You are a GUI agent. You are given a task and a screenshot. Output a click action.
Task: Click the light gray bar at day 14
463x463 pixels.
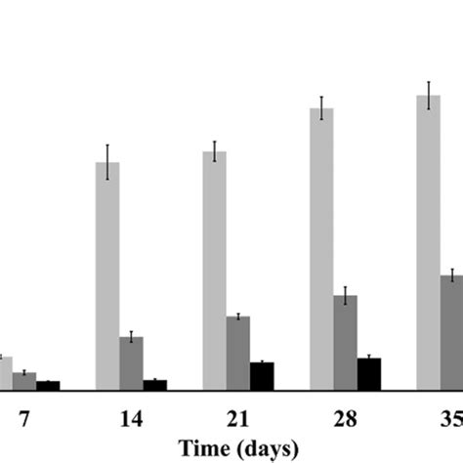coord(107,275)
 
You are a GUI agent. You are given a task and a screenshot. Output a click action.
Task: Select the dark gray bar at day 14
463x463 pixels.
coord(131,363)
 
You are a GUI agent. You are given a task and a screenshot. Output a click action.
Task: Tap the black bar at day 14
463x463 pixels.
coord(154,385)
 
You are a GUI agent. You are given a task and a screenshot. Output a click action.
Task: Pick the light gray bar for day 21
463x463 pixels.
coord(215,271)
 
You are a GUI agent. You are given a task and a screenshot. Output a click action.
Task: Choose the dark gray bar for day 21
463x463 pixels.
coord(238,353)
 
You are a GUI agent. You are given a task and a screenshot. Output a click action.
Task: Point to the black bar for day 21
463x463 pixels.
coord(262,376)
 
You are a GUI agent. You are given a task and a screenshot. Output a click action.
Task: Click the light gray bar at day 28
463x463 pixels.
coord(321,249)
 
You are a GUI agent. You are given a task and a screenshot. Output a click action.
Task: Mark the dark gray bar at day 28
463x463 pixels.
coord(345,342)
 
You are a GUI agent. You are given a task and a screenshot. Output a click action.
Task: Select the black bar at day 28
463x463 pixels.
coord(368,373)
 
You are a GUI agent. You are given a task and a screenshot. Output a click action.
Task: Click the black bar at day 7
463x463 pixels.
coord(48,385)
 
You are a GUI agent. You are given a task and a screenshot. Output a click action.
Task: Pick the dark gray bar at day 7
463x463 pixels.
coord(24,381)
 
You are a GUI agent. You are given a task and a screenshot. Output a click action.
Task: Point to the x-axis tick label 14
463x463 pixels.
coord(131,419)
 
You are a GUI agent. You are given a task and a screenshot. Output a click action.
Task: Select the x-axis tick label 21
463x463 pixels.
coord(237,419)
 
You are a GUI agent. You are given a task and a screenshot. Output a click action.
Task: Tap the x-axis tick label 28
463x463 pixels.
coord(345,419)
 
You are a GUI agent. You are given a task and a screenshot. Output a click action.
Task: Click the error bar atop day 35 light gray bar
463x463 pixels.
coord(428,96)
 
